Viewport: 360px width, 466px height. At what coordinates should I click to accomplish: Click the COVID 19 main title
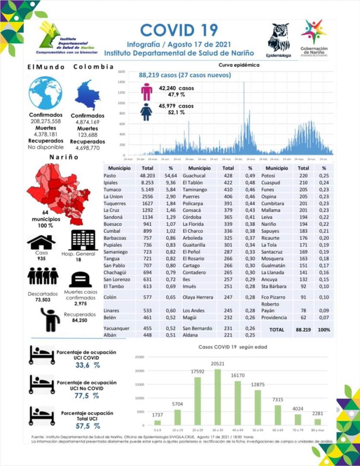[x=179, y=30]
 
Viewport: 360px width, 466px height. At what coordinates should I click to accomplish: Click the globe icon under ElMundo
[x=45, y=93]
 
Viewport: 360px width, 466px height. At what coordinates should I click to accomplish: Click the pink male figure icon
[x=147, y=91]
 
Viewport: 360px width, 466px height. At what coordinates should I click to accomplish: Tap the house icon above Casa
[x=41, y=242]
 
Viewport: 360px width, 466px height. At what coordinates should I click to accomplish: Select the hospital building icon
[x=84, y=239]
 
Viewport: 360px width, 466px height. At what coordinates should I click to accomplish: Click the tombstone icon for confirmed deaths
[x=80, y=280]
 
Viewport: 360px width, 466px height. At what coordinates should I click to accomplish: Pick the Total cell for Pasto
[x=148, y=176]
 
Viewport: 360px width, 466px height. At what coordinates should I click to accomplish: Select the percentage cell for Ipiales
[x=171, y=183]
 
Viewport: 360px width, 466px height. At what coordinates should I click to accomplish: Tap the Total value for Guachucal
[x=228, y=176]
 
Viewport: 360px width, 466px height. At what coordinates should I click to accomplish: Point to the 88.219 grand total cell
[x=304, y=329]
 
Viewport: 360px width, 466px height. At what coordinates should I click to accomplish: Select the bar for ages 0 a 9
[x=158, y=422]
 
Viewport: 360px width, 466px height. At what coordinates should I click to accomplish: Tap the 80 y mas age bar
[x=318, y=422]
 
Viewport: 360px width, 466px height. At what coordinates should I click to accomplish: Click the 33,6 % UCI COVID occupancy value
[x=85, y=365]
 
